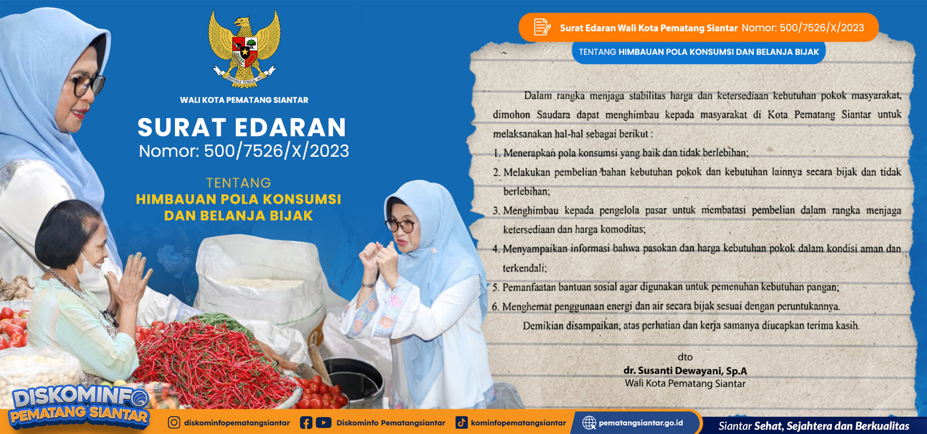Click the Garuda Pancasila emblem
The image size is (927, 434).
point(244,49)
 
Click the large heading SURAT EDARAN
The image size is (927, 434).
point(242,127)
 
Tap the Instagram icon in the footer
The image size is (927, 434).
point(174,422)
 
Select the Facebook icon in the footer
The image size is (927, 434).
point(306,423)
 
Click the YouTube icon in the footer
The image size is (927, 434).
point(324,422)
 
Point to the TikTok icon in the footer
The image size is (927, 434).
point(461,422)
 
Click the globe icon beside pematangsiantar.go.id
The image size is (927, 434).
point(589,422)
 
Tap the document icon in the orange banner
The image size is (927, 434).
point(542,27)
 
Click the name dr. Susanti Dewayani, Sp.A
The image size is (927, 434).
point(685,370)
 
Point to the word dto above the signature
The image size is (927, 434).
point(685,356)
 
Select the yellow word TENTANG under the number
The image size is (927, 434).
point(239,183)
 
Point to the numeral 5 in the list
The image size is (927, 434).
point(495,287)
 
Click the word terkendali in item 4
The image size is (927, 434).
point(524,269)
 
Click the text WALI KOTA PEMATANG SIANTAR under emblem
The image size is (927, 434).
point(244,100)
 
